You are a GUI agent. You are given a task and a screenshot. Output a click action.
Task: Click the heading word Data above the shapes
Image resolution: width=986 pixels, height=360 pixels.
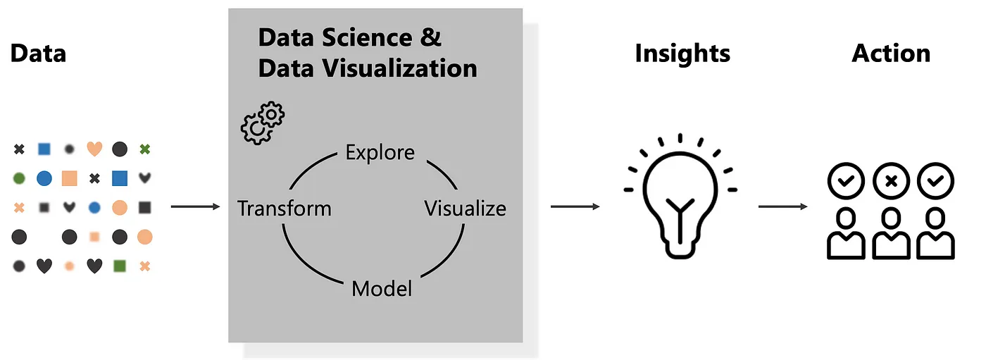[x=38, y=54]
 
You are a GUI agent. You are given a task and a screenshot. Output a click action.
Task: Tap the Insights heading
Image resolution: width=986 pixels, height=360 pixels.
[x=682, y=54]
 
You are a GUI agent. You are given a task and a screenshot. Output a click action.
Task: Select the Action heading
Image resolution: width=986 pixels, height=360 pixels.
[x=890, y=54]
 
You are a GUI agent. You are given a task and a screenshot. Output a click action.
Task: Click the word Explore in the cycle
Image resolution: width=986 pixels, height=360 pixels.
[x=380, y=152]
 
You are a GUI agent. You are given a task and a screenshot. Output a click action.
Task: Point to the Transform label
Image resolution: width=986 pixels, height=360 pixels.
[x=284, y=209]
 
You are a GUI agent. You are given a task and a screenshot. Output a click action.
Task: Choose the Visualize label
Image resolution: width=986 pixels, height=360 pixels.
[x=465, y=209]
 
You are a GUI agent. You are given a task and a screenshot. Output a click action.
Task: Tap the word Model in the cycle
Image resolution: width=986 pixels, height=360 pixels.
[x=381, y=289]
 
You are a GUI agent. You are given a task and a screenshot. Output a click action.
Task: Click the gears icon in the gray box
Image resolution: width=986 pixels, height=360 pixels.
[x=263, y=123]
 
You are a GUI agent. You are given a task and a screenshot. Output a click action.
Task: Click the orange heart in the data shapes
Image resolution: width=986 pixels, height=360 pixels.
[x=94, y=149]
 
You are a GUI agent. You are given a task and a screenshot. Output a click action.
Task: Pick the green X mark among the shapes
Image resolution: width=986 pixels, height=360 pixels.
[x=144, y=149]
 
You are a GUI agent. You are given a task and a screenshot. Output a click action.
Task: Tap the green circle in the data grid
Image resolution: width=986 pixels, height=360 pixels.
[x=19, y=178]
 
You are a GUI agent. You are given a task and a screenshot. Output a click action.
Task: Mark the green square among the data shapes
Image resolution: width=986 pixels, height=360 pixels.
[x=120, y=266]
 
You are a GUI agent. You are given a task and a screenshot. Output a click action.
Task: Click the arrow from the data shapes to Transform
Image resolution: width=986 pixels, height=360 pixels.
[x=196, y=207]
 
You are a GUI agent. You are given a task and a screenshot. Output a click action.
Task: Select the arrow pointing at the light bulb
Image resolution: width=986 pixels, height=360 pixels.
[x=575, y=206]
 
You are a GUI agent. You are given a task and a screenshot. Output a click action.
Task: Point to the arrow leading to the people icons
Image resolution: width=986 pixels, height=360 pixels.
[x=782, y=206]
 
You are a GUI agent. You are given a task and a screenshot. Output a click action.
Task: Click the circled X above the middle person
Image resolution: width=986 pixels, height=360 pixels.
[x=890, y=181]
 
